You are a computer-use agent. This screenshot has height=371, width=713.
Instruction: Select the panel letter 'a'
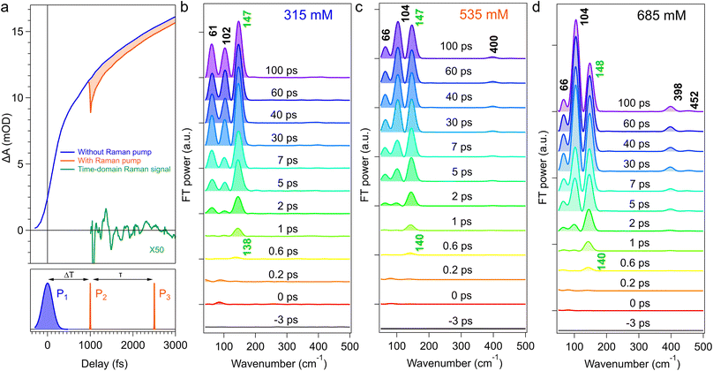6,8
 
